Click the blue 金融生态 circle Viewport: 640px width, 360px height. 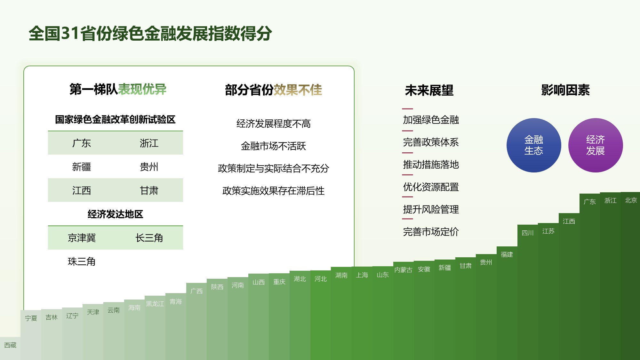[x=534, y=145]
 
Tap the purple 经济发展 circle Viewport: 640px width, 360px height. [x=596, y=145]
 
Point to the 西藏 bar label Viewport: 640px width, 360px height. [x=10, y=345]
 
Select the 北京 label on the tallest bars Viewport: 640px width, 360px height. [x=631, y=200]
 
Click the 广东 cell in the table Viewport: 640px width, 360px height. [x=82, y=143]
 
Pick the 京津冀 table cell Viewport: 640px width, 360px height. [x=82, y=238]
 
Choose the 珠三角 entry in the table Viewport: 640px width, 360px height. [x=82, y=261]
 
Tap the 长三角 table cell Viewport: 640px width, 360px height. [x=149, y=238]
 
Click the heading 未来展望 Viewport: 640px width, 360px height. [x=429, y=90]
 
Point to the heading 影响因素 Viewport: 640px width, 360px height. [x=565, y=90]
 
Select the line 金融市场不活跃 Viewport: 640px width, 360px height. [x=273, y=146]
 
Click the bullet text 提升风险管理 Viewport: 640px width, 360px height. [x=431, y=209]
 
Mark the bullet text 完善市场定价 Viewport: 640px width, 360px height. [x=431, y=232]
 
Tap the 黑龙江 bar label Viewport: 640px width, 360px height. [x=155, y=304]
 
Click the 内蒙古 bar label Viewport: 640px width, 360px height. [x=403, y=270]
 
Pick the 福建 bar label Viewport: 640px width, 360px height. [x=507, y=254]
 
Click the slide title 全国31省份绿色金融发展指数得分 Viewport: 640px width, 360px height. [x=150, y=34]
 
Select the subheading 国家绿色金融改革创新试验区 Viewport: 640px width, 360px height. [x=115, y=119]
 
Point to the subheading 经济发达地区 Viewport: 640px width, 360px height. [x=115, y=214]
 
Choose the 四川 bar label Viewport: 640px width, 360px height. [x=527, y=233]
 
